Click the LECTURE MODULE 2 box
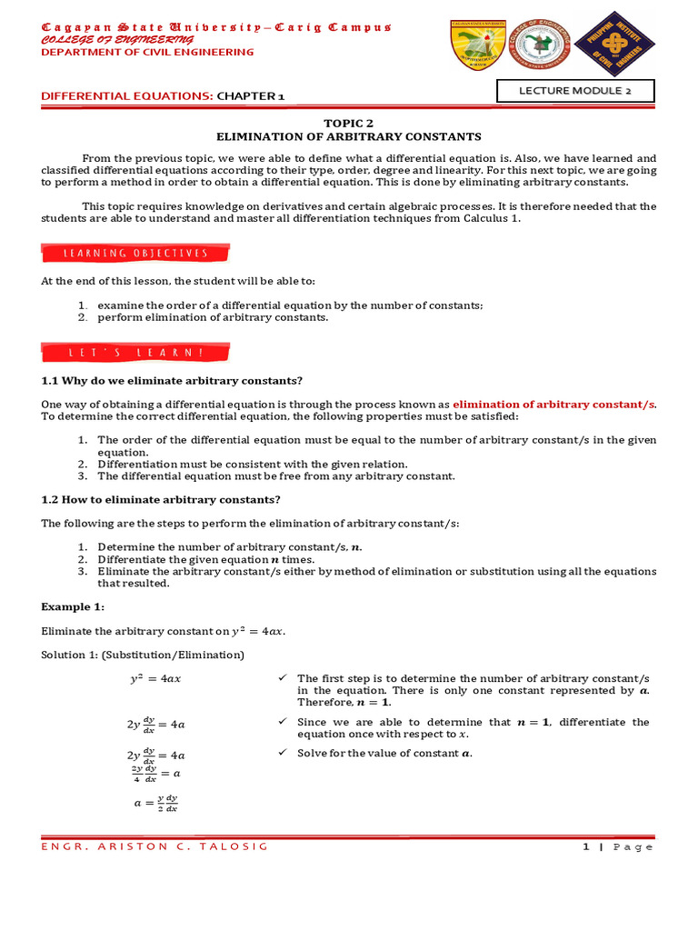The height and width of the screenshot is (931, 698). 574,91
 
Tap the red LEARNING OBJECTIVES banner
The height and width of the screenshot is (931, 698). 135,253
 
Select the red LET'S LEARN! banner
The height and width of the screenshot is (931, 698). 135,352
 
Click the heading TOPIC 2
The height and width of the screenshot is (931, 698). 349,122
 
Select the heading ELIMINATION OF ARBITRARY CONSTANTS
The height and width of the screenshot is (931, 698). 349,136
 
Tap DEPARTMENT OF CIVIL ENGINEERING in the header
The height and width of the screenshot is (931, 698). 148,52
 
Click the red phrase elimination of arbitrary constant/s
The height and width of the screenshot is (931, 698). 553,404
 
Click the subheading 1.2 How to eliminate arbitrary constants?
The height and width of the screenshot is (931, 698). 161,499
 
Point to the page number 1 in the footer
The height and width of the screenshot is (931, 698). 586,846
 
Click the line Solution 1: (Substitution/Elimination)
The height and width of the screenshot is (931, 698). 143,655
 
